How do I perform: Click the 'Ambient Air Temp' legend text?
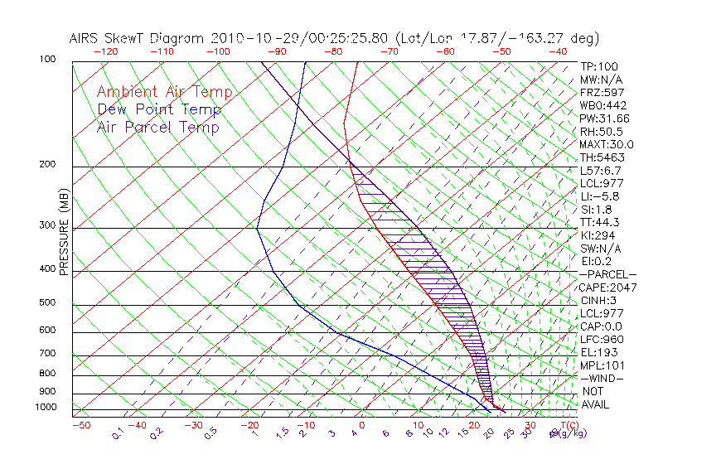point(164,92)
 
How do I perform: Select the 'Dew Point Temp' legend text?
point(158,109)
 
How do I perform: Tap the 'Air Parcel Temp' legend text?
point(157,127)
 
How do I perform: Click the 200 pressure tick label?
point(46,165)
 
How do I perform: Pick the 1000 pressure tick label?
point(44,407)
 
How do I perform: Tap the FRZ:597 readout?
point(602,92)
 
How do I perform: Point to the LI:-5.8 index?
point(599,196)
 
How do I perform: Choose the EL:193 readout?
point(599,352)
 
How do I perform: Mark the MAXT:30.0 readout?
point(607,144)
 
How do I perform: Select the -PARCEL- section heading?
point(607,274)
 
